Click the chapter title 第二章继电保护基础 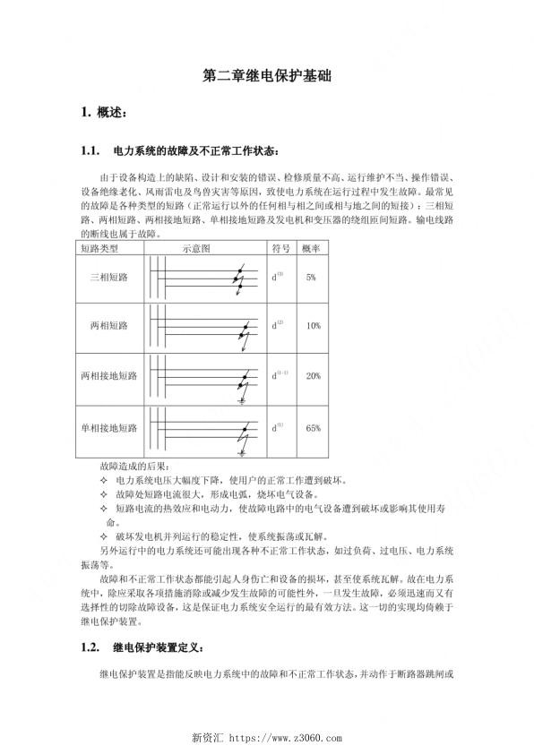(266, 79)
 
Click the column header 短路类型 (99, 248)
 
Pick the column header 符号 (280, 248)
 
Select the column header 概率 (312, 248)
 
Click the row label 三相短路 (108, 278)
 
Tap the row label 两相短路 (108, 326)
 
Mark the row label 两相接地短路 (108, 376)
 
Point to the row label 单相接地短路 (108, 428)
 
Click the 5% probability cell (312, 278)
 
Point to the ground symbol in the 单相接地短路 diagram (241, 454)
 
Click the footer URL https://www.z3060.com (286, 739)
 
